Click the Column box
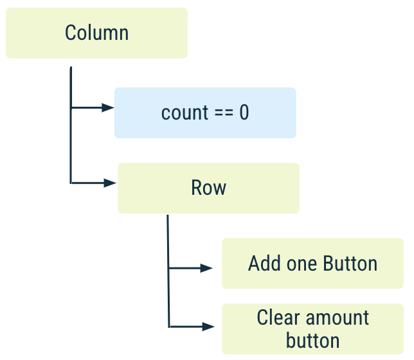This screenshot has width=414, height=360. (x=96, y=33)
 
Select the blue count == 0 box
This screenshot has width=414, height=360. (x=205, y=113)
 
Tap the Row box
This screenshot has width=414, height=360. (x=208, y=188)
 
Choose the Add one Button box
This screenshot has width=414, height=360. (x=312, y=264)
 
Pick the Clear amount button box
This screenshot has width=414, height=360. (x=312, y=328)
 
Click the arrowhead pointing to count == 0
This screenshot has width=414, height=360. (x=107, y=107)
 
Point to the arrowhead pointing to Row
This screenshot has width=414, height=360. (x=110, y=183)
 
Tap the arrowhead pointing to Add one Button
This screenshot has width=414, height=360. (x=207, y=268)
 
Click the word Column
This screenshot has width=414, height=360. (x=96, y=33)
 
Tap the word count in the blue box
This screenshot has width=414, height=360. (x=184, y=113)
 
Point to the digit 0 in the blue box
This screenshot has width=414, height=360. (x=244, y=113)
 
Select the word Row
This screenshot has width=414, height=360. (x=208, y=188)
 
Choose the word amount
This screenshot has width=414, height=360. (x=339, y=318)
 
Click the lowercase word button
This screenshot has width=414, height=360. (x=312, y=340)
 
